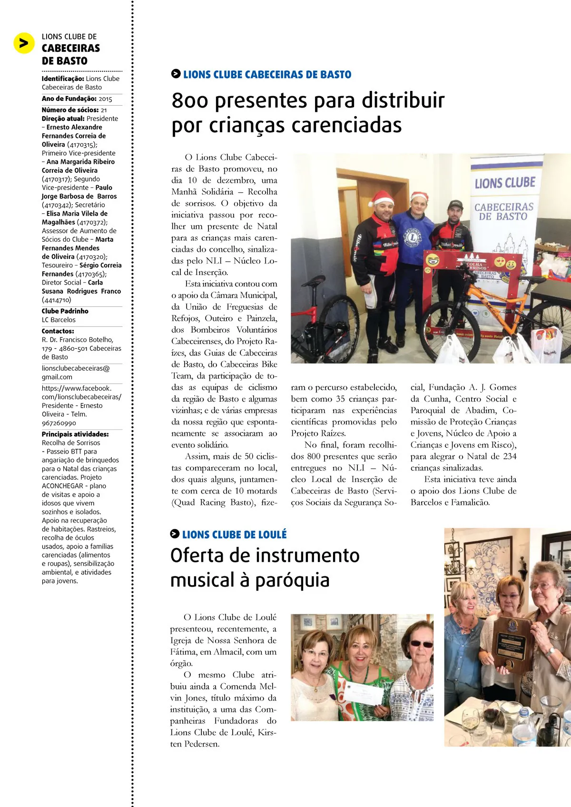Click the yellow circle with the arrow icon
[24, 43]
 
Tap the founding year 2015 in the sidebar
[105, 99]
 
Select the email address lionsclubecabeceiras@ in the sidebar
[76, 368]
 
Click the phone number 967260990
[59, 423]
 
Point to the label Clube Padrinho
[65, 311]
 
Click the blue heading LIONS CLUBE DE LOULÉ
[234, 535]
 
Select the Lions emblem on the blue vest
[413, 236]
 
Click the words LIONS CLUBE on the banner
[505, 183]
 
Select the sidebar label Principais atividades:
[75, 434]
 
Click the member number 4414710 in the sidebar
[57, 300]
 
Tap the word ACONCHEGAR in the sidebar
[64, 486]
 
